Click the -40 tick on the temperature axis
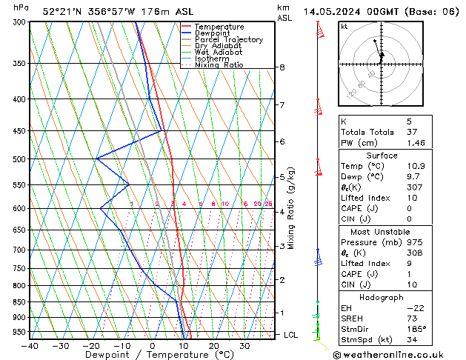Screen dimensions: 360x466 point(30,346)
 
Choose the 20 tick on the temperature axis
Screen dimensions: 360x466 point(213,346)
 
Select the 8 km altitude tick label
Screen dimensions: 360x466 point(282,67)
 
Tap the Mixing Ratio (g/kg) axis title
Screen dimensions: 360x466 point(292,208)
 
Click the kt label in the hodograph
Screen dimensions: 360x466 point(344,27)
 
